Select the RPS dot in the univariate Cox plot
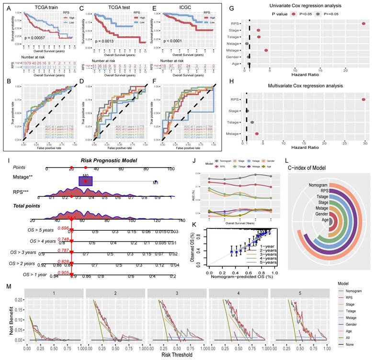pos(364,23)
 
